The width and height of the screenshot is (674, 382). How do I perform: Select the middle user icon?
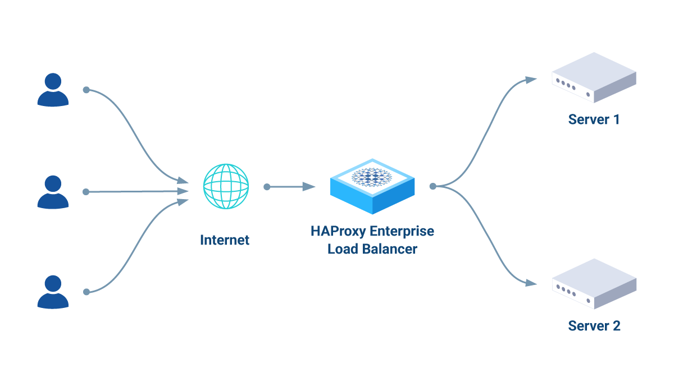53,192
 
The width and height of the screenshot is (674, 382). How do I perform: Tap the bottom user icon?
53,292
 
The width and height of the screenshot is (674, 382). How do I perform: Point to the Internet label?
225,240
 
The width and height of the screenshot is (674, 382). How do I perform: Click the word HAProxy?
335,231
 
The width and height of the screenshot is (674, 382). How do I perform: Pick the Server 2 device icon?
594,284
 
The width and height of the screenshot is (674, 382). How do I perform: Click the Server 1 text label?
594,119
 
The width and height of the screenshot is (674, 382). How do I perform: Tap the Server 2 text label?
594,326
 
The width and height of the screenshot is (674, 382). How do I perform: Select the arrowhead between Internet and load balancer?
308,186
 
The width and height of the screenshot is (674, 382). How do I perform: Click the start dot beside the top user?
86,90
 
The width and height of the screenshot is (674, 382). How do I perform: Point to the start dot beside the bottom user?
86,292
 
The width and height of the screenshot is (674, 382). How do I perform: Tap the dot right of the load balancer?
432,186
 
